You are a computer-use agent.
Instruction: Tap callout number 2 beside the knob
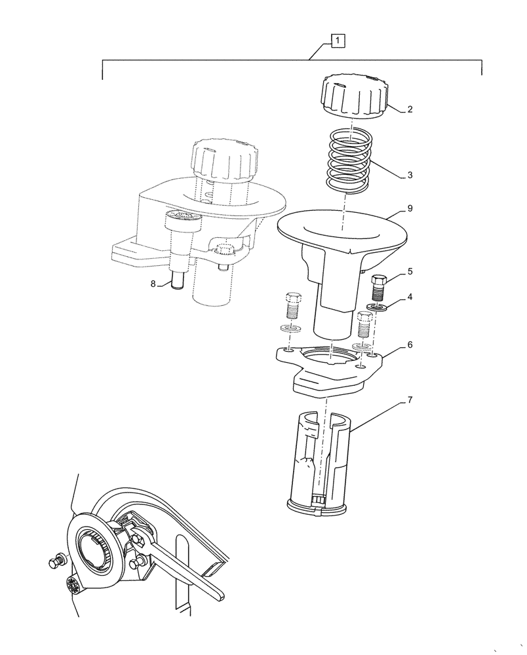click(410, 109)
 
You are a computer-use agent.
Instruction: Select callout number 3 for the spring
click(410, 175)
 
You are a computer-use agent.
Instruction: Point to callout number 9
click(410, 209)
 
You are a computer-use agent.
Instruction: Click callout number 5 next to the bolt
click(410, 271)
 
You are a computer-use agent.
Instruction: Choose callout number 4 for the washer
click(410, 297)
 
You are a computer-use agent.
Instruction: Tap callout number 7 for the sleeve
click(410, 398)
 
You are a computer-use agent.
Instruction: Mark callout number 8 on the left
click(153, 284)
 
